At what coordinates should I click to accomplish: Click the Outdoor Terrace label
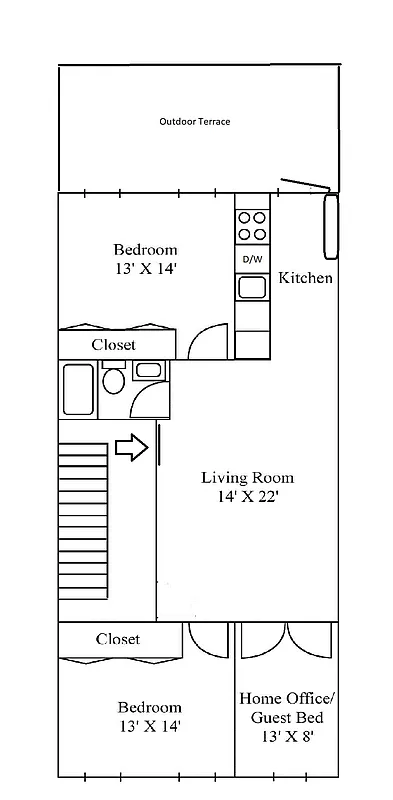195,122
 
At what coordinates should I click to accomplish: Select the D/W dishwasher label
252,260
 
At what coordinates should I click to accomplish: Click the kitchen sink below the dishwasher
252,288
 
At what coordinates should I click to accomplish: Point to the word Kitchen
305,278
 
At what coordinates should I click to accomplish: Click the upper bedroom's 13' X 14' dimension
145,269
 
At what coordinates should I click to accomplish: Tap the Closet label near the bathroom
114,344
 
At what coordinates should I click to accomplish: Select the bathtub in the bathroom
78,390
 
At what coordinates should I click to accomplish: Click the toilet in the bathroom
113,382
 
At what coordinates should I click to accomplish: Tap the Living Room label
247,477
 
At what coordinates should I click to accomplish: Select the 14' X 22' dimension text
247,497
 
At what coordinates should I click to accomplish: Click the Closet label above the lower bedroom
118,639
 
